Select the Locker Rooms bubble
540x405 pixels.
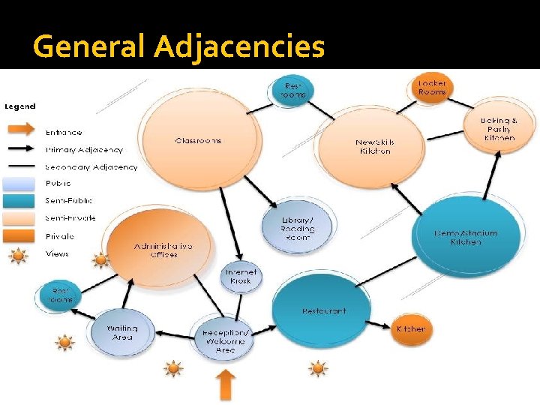432,87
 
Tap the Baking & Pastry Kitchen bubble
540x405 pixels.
498,129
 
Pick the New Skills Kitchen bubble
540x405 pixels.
373,146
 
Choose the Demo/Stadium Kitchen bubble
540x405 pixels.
464,238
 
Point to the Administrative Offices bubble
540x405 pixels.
160,249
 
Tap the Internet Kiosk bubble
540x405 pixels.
241,276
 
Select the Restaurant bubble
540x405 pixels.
324,310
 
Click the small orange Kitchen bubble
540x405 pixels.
410,328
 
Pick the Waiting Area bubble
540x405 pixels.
122,331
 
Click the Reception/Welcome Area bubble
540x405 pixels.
224,340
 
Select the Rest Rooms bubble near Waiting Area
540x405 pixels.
61,295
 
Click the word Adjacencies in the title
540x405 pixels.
239,47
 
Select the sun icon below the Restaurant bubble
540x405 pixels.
318,368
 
